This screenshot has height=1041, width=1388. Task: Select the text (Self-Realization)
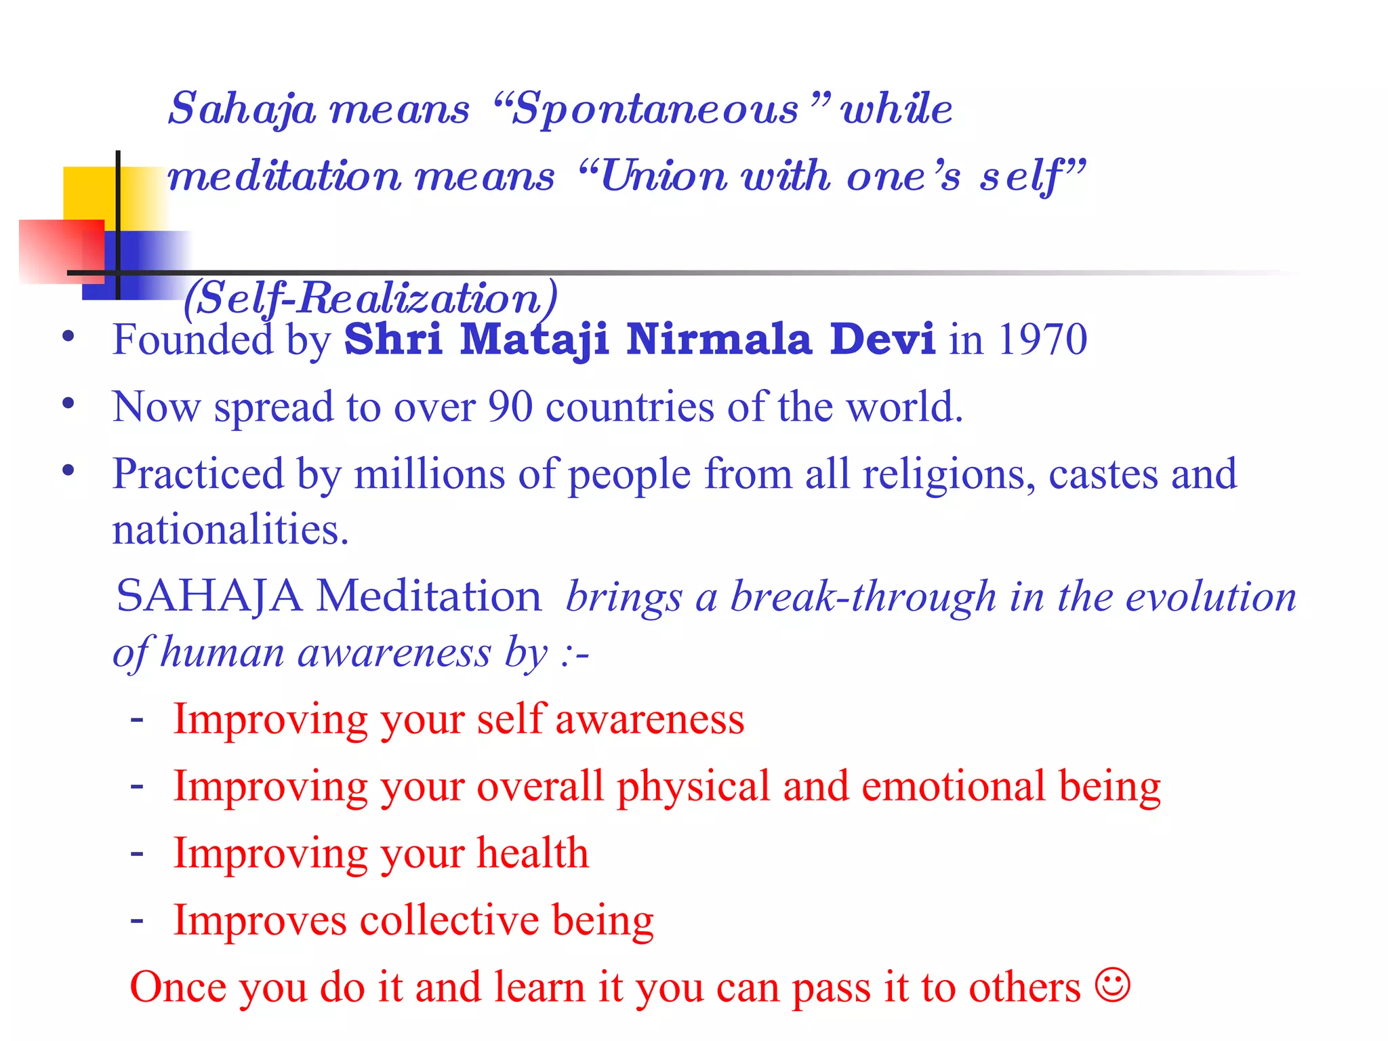click(x=371, y=298)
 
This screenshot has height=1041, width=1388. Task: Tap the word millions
click(x=429, y=474)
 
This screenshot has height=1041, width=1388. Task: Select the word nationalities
click(x=230, y=530)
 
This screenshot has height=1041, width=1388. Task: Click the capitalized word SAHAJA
click(x=209, y=597)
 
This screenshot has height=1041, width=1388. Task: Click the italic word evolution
click(x=1210, y=598)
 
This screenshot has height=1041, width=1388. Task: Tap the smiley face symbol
click(x=1112, y=985)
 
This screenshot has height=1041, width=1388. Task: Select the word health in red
click(x=533, y=853)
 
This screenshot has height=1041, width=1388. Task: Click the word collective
click(x=449, y=920)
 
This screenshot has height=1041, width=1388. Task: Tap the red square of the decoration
click(x=61, y=251)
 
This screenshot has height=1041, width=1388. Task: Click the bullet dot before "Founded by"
click(x=68, y=336)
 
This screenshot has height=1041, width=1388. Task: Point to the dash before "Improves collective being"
click(x=137, y=920)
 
